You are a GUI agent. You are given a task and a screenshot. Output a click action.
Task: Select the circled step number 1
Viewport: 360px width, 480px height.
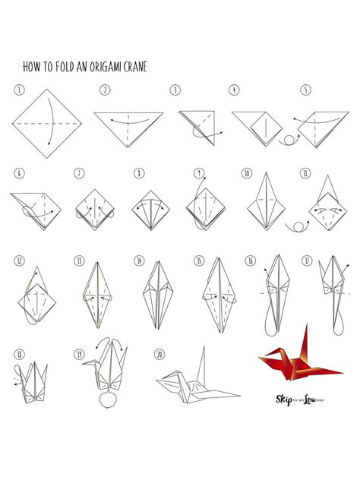17,89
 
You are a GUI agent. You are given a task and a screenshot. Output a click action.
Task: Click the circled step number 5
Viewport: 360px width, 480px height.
305,90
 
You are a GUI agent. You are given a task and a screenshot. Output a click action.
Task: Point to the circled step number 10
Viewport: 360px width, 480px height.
247,173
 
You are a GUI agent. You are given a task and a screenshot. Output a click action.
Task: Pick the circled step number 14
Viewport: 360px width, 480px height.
139,261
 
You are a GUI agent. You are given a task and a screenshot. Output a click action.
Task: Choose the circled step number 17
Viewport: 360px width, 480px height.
307,261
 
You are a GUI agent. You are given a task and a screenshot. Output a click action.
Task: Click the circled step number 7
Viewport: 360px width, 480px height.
79,173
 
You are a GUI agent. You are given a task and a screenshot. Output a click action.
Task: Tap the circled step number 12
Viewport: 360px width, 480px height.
18,261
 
